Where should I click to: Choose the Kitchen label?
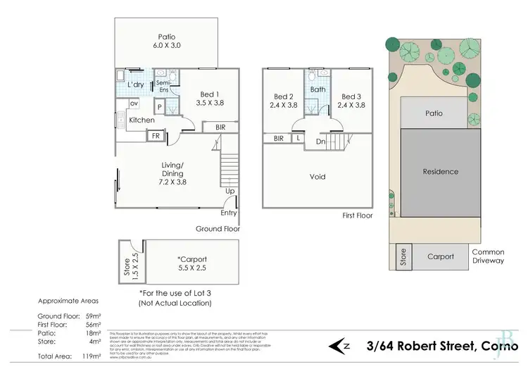[141, 120]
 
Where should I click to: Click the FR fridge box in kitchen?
[156, 135]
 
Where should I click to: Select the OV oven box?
[132, 104]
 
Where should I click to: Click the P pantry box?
[161, 107]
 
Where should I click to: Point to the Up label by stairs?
[230, 191]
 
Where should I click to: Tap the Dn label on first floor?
[320, 141]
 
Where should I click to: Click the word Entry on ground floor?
[230, 213]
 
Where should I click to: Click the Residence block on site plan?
[440, 171]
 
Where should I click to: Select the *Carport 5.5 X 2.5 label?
[191, 263]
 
